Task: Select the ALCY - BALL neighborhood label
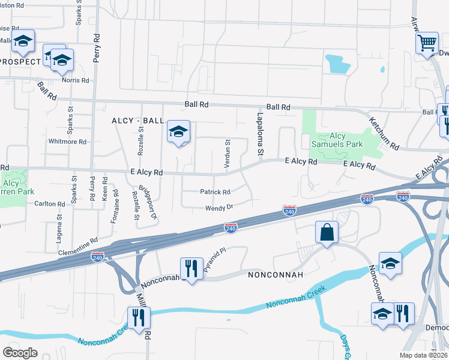[x=137, y=121]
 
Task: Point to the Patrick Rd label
[x=215, y=192]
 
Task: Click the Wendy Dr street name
[x=218, y=207]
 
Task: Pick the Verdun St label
[x=228, y=155]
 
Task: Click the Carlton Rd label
[x=49, y=204]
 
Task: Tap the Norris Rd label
[x=76, y=80]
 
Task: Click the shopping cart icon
[x=426, y=43]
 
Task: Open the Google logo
[x=20, y=353]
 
